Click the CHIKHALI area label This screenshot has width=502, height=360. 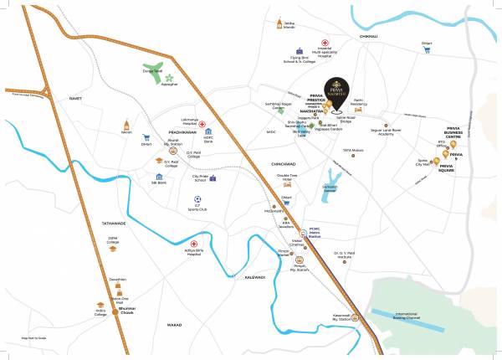click(368, 36)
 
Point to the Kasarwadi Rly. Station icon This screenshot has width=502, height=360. click(356, 316)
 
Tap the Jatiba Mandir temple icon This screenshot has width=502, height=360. click(279, 23)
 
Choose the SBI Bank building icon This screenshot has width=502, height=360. click(159, 177)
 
